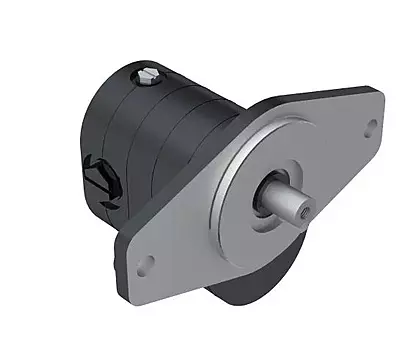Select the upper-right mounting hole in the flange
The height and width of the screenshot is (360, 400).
coord(372,126)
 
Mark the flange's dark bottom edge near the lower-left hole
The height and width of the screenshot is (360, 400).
coord(150,283)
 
